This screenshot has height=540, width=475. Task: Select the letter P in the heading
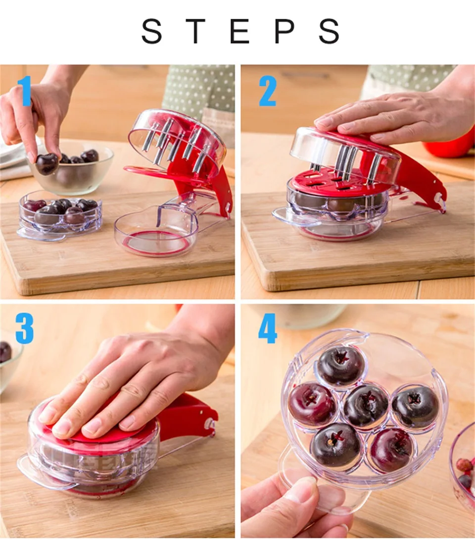284,31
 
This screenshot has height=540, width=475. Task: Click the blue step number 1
25,91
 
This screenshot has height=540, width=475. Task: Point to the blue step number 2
268,91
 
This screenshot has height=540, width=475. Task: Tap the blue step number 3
24,329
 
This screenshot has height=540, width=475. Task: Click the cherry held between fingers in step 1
47,164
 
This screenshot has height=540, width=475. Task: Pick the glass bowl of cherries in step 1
71,169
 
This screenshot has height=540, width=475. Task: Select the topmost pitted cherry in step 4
340,366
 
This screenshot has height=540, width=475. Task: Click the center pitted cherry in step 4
366,407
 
